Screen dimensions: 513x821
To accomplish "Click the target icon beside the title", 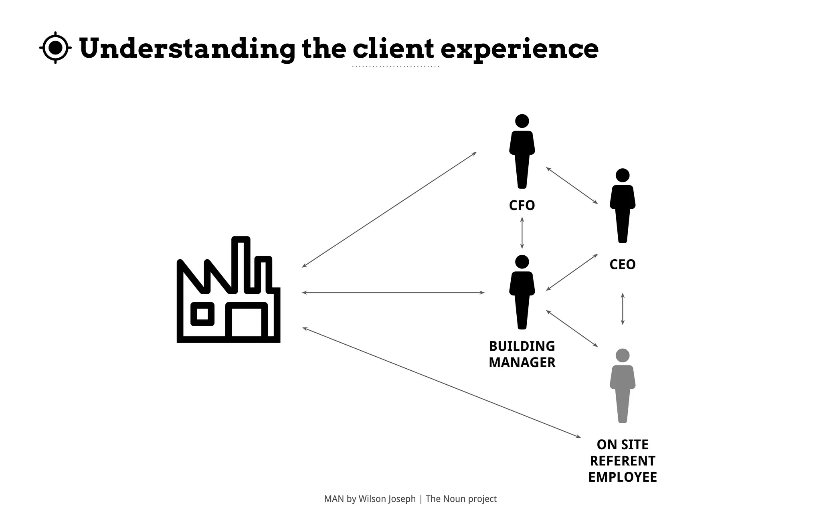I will click(56, 48).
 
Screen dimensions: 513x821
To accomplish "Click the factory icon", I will click(229, 290).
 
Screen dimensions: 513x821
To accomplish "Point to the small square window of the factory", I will click(202, 314).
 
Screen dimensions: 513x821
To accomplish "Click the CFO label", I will click(522, 206).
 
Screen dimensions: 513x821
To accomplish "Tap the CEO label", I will click(622, 265).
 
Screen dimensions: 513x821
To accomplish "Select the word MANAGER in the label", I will click(522, 363).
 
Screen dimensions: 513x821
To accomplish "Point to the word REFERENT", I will click(622, 461).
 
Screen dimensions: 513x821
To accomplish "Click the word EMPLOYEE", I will click(622, 477).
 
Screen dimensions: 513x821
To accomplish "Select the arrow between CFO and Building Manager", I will click(522, 233).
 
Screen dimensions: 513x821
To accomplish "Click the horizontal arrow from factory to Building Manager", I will click(393, 293).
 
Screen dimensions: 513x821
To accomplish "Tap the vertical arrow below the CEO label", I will click(623, 309).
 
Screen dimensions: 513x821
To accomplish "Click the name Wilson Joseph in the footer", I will click(387, 499).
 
